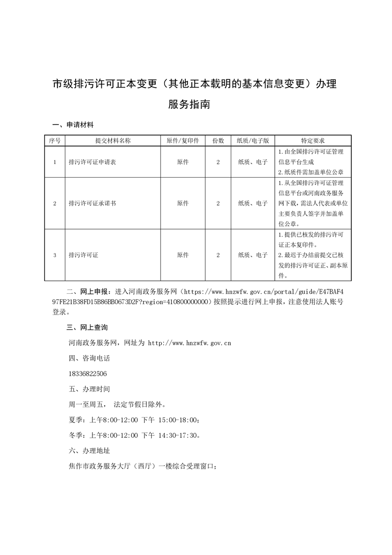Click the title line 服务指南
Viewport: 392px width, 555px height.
pos(196,105)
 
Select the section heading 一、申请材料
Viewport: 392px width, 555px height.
pos(73,124)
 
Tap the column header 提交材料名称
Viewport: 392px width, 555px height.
pos(113,140)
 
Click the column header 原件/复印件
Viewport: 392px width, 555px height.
pos(183,140)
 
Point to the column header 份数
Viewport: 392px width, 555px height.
pos(218,140)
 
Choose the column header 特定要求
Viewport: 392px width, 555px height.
pos(312,140)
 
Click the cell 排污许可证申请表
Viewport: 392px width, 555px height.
pos(92,162)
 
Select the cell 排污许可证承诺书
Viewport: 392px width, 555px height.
pos(92,203)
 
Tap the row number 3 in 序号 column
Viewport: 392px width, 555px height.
pos(55,255)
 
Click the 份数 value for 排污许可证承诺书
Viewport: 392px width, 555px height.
pos(218,203)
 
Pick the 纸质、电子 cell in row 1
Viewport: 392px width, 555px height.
pos(253,162)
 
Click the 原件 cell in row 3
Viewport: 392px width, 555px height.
pos(183,255)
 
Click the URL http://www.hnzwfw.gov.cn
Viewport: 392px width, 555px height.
pos(190,342)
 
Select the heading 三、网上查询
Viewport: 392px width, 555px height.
pos(87,327)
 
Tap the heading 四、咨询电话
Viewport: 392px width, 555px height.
pos(89,358)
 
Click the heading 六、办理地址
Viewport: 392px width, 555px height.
pos(89,451)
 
